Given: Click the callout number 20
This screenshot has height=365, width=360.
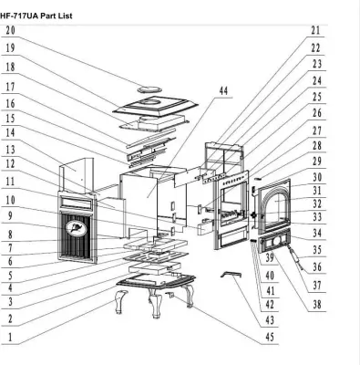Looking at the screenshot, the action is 10,30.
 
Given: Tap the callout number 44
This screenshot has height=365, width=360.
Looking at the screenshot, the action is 223,90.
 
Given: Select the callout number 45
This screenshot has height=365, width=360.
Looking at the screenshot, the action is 270,337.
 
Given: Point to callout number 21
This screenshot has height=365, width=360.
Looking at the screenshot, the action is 315,30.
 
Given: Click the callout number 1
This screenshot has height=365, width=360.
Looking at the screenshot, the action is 10,337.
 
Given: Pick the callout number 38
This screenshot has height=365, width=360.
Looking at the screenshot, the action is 317,305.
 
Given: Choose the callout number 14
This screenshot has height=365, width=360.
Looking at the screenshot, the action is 10,132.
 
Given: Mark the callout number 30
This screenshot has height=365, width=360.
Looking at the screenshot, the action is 317,177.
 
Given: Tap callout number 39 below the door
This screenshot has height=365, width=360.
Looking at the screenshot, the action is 270,257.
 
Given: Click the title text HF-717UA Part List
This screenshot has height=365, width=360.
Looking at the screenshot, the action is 36,16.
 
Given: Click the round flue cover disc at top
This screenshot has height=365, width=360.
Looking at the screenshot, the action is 149,89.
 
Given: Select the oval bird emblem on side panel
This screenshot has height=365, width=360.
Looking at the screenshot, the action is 74,228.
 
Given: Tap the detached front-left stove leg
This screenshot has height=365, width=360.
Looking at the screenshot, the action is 120,301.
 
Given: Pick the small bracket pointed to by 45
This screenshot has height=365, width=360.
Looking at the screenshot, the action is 170,295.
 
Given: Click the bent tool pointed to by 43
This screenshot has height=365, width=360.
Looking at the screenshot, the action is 231,275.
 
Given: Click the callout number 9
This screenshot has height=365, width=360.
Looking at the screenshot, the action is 10,216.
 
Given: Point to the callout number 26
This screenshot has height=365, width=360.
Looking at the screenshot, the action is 317,113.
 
